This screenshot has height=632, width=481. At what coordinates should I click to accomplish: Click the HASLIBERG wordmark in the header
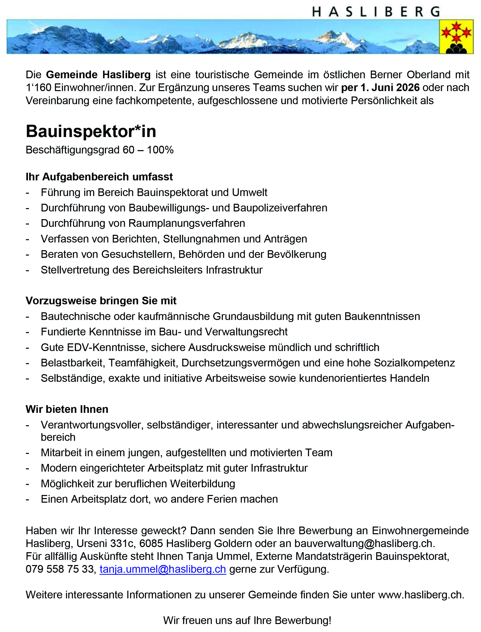click(376, 12)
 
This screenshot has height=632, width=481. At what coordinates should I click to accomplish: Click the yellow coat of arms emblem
click(456, 37)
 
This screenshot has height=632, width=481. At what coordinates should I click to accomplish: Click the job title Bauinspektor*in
click(91, 132)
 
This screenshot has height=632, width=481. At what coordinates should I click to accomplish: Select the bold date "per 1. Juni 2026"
click(380, 87)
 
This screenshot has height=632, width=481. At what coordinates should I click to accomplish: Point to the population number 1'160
click(38, 87)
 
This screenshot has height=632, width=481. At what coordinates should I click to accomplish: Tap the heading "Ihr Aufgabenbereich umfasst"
click(99, 177)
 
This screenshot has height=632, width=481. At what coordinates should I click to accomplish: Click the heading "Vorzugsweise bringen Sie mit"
click(101, 301)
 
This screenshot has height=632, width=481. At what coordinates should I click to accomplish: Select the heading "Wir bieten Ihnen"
click(67, 409)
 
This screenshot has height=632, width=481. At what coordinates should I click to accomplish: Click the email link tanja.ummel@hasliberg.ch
click(163, 569)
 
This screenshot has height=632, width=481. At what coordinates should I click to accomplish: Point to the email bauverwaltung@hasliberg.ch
click(364, 543)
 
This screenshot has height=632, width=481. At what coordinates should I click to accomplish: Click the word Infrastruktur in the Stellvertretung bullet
click(234, 270)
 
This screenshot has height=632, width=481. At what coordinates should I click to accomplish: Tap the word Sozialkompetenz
click(414, 363)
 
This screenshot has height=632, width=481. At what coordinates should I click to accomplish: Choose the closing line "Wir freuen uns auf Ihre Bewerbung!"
click(247, 620)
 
